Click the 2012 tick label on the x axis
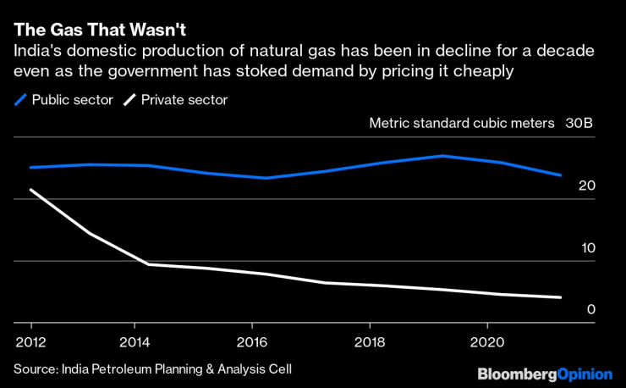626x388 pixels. click(31, 344)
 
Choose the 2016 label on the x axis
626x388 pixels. click(251, 344)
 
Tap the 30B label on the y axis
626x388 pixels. click(580, 124)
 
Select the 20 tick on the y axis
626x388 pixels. click(587, 186)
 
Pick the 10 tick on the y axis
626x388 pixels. click(587, 248)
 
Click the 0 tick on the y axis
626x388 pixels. click(591, 309)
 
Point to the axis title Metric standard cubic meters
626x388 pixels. click(462, 124)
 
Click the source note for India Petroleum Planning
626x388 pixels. click(157, 369)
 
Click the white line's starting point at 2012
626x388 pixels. click(31, 190)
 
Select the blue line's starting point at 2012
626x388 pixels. click(31, 167)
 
